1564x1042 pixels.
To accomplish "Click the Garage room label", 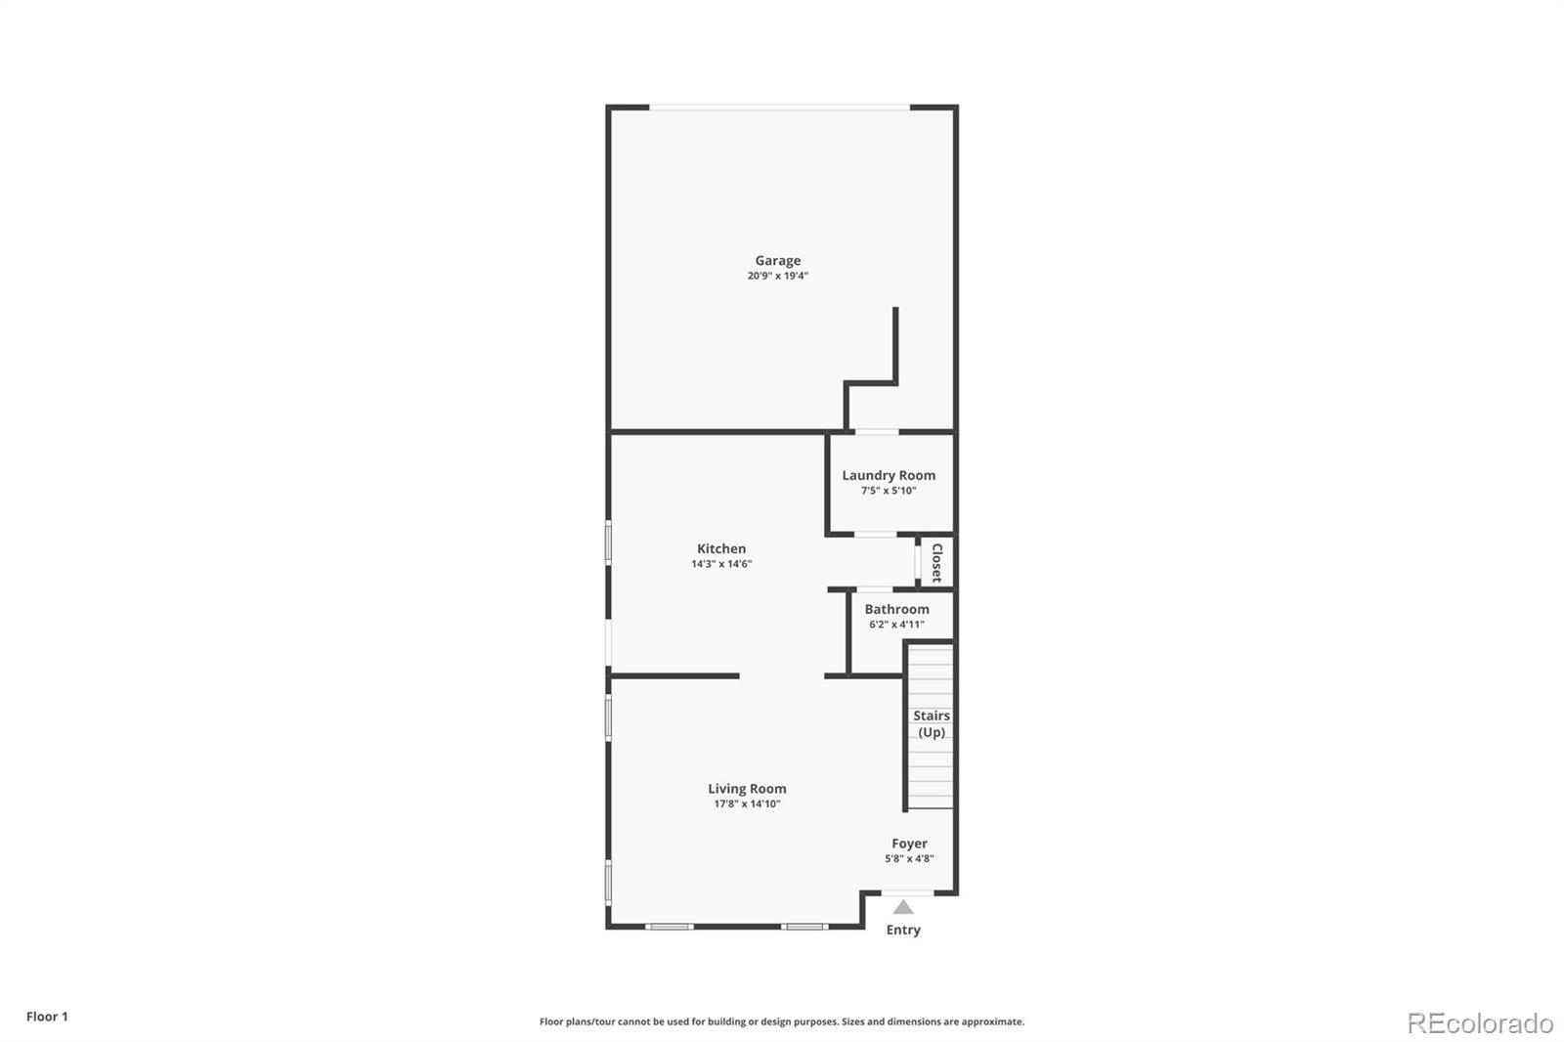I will click(777, 260).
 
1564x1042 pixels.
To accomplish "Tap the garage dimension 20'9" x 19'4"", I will click(777, 276).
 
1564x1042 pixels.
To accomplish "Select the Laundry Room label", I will click(889, 475).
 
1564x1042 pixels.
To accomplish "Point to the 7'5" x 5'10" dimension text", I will click(889, 491).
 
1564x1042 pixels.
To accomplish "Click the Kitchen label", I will click(721, 548).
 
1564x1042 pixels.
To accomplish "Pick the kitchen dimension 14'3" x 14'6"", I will click(721, 564).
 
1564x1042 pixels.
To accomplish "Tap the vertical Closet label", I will click(936, 563).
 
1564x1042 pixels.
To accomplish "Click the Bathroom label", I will click(896, 609).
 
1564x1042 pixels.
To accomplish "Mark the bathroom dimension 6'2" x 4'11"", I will click(896, 625).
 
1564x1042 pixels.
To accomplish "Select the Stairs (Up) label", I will click(932, 723).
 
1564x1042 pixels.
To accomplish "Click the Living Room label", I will click(747, 789).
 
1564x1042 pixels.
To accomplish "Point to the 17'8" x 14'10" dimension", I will click(747, 804).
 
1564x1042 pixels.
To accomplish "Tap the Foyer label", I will click(909, 844).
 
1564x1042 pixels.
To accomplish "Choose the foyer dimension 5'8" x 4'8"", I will click(909, 859).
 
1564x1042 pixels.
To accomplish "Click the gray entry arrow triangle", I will click(903, 908).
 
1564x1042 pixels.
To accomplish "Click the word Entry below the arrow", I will click(903, 930).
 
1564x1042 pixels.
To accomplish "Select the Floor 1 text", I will click(47, 1017).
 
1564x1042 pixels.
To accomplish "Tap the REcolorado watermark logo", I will click(1480, 1023).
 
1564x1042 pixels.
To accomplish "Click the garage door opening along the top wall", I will click(780, 107).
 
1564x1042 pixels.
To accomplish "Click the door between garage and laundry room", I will click(877, 431).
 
